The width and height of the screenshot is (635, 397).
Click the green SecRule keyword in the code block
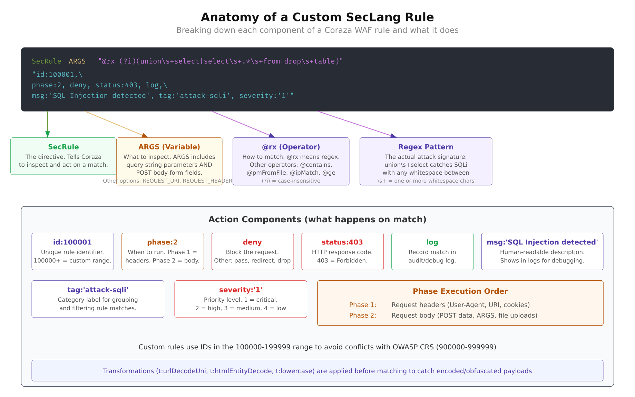coord(46,61)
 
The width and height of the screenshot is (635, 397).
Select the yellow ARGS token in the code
coord(77,61)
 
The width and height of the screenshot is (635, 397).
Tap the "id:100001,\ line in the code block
coord(57,75)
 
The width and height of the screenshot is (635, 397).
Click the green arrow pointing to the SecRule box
coord(48,124)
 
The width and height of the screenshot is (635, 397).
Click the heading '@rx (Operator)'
coord(291,147)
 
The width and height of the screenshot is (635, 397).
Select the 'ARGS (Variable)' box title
coord(169,147)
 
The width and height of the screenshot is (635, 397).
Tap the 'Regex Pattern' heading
coord(426,147)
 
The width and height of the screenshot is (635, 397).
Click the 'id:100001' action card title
coord(72,242)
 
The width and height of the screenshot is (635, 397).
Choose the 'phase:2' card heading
coord(163,242)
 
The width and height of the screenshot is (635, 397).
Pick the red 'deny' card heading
coord(252,242)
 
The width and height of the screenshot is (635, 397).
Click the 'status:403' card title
coord(342,242)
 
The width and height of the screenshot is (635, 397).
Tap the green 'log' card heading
coord(432,242)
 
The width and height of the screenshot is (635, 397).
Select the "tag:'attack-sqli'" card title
coord(98,290)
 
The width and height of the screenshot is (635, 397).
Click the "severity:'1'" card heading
coord(241,290)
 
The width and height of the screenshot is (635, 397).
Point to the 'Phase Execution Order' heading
coord(460,291)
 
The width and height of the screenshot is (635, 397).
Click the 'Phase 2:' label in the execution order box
coord(363,316)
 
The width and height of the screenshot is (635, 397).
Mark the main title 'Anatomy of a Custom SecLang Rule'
coord(317,17)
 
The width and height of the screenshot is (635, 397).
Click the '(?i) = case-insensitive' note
coord(291,181)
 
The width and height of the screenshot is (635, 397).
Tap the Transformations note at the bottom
coord(317,371)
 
